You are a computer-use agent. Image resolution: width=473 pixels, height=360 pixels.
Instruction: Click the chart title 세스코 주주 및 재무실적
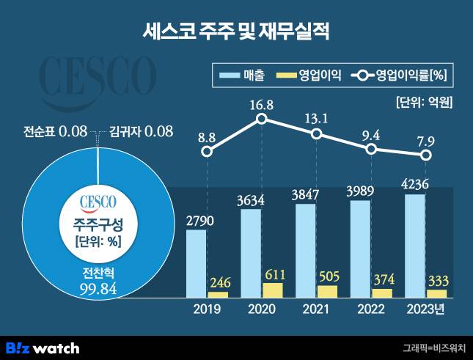[x=236, y=32]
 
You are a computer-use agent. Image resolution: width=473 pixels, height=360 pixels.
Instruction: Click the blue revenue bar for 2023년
[x=414, y=246]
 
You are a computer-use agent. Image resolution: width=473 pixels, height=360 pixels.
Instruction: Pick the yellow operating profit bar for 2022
[x=381, y=293]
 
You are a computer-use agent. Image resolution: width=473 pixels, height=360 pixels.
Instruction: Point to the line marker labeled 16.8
[x=262, y=119]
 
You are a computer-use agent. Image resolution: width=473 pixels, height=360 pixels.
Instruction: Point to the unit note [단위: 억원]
[x=423, y=102]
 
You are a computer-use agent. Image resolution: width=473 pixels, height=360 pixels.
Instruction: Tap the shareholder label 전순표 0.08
[x=56, y=132]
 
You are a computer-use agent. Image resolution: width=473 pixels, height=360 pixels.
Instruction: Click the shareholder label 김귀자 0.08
[x=141, y=132]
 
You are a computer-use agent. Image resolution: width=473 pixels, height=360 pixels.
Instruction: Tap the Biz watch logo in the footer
[x=43, y=345]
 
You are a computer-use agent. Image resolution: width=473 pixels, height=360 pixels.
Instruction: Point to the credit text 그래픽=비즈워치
[x=433, y=346]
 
